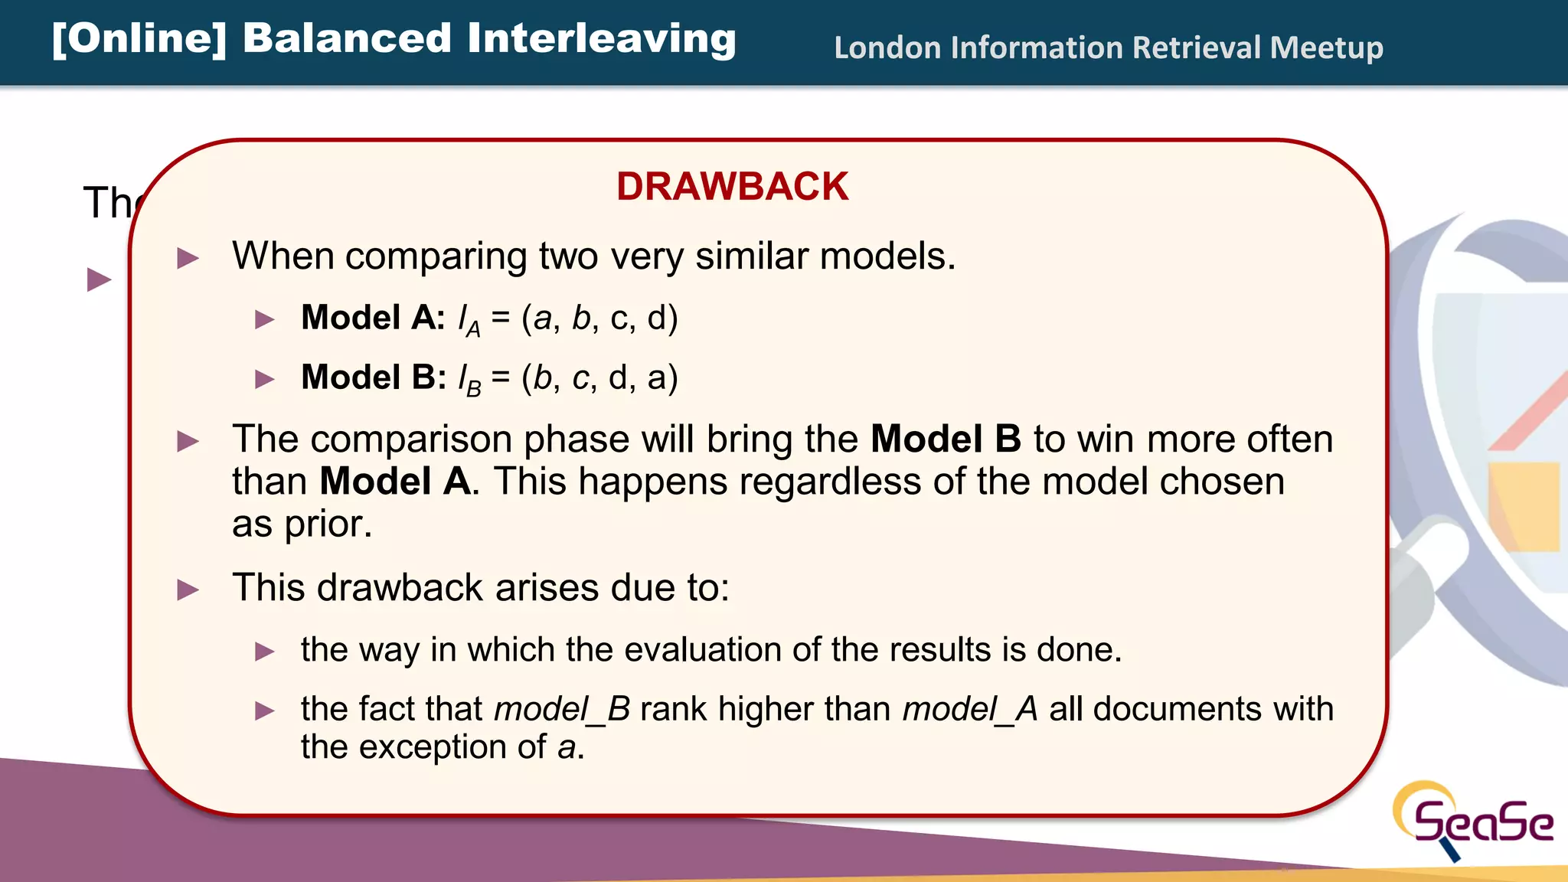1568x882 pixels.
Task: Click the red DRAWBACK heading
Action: pyautogui.click(x=732, y=187)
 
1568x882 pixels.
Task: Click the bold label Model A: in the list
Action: pyautogui.click(x=373, y=317)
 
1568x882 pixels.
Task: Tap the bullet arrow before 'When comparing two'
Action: pyautogui.click(x=188, y=258)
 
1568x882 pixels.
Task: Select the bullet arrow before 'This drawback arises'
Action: pyautogui.click(x=188, y=590)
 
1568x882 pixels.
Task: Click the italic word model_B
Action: pyautogui.click(x=562, y=709)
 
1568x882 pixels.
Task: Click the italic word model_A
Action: pyautogui.click(x=970, y=709)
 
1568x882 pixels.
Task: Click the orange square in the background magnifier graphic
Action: pyautogui.click(x=1524, y=505)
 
